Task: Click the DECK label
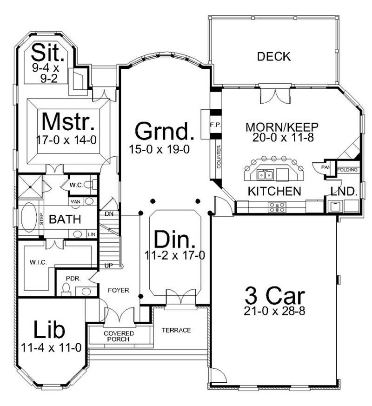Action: (x=274, y=57)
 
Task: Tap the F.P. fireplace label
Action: (x=215, y=125)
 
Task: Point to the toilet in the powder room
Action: (x=66, y=290)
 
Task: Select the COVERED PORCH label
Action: (x=119, y=336)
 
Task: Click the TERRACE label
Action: (x=176, y=330)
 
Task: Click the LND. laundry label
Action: (x=344, y=191)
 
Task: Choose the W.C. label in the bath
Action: (x=76, y=185)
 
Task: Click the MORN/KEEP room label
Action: (x=282, y=127)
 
